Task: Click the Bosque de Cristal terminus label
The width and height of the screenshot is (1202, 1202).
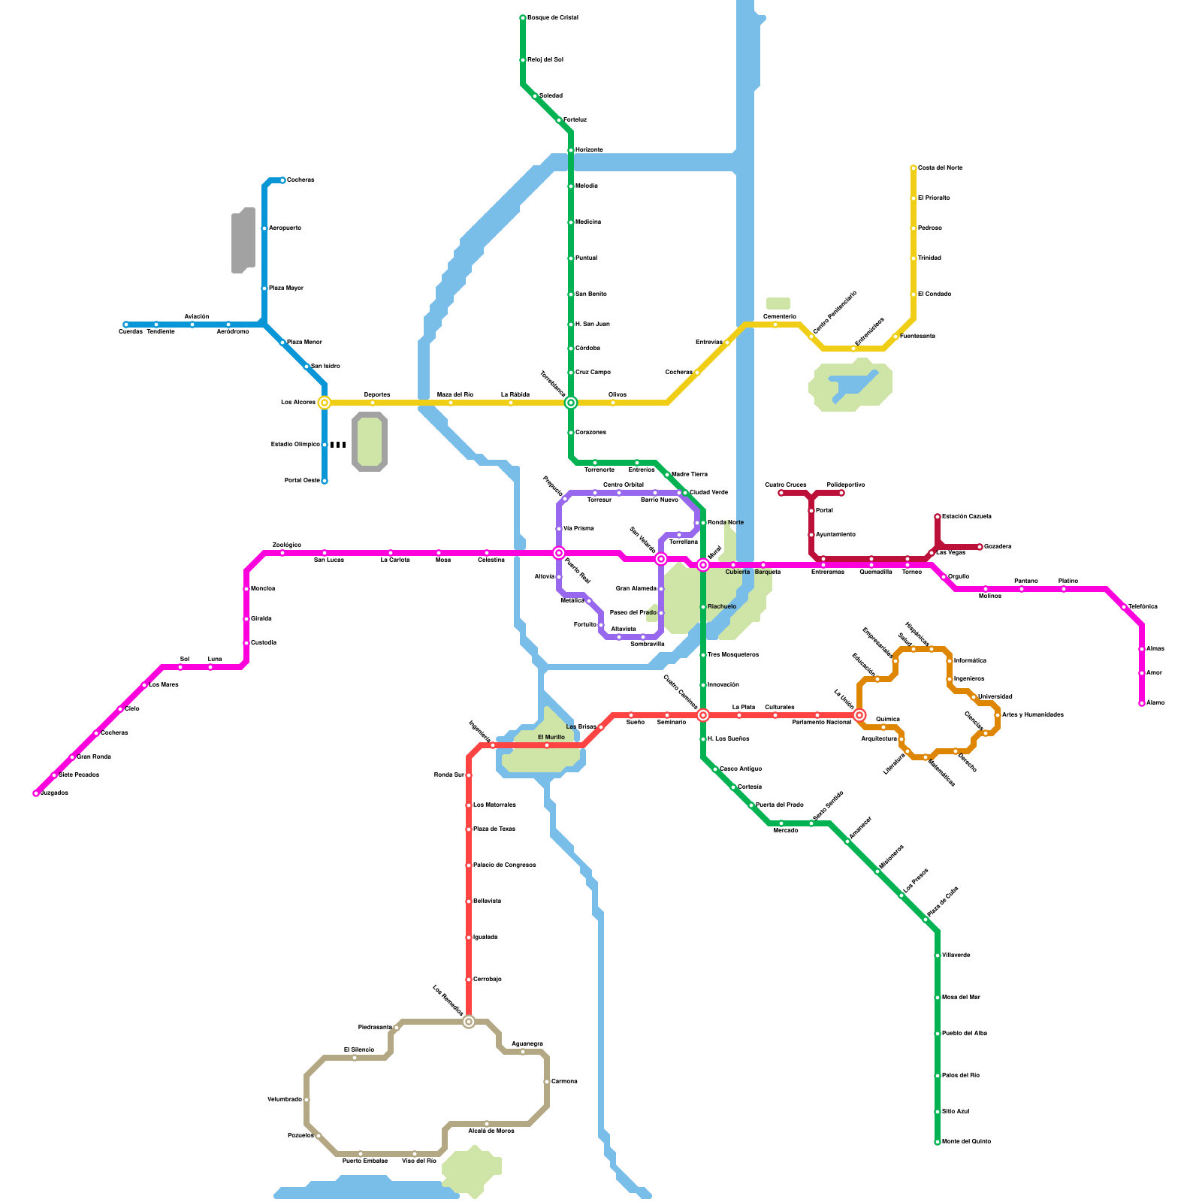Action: point(552,17)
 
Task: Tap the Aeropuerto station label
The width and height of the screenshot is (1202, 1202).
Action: point(285,228)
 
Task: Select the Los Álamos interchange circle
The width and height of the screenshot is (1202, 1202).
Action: point(325,403)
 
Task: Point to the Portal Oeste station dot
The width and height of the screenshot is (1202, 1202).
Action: point(325,481)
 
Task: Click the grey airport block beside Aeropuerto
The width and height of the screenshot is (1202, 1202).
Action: point(243,240)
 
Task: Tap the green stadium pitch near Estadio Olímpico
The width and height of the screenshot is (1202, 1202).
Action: point(369,442)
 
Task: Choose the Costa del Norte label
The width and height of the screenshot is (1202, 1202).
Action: point(940,168)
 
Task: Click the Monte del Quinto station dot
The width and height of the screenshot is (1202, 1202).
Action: point(938,1142)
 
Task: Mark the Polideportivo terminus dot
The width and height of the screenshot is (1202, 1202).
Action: point(841,493)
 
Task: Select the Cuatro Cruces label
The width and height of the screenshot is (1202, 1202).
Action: point(785,485)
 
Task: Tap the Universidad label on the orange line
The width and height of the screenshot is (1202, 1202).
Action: point(995,696)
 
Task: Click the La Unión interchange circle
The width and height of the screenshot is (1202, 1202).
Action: point(859,715)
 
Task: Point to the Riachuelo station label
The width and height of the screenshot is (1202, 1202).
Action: point(722,606)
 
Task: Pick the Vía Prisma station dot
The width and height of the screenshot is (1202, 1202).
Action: point(559,529)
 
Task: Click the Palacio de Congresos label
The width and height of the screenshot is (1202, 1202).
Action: point(504,865)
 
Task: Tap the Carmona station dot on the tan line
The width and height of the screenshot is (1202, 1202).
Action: point(547,1082)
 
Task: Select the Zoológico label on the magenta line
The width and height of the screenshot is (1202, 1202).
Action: point(286,545)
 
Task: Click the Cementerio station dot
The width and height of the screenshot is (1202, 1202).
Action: point(775,325)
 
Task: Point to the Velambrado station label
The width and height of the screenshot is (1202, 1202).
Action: point(284,1099)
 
